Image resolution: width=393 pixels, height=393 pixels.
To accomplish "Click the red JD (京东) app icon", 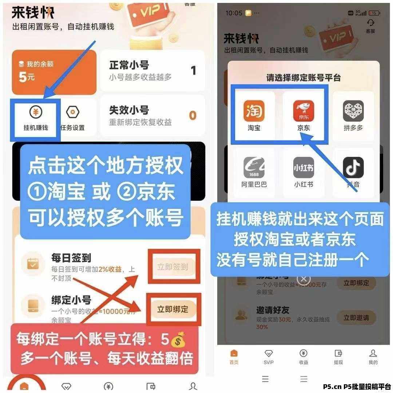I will click(303, 111).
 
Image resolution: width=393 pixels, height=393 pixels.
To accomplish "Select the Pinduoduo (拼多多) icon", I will click(353, 111).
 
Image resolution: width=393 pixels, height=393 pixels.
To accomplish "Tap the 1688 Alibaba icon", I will click(254, 168).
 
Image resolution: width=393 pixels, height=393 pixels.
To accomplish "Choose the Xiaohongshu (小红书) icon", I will click(303, 168).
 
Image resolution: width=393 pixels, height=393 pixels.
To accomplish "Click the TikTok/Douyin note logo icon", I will click(353, 168).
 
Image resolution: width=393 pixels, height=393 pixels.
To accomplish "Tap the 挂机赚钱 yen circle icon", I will click(35, 113).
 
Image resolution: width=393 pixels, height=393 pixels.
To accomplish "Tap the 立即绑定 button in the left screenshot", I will click(173, 309).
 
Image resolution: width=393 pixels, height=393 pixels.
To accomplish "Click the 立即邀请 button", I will click(356, 318).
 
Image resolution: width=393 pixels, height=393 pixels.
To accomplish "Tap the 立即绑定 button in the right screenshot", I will click(356, 283).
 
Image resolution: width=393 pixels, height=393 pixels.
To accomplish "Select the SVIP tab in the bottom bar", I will click(269, 357).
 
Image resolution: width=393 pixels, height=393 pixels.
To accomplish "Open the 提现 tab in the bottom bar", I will click(338, 357).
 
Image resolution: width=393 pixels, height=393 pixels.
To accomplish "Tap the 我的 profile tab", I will click(373, 357).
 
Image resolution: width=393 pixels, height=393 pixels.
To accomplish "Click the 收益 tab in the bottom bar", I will click(303, 357).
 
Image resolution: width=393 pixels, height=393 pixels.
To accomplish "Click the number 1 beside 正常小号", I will click(193, 70).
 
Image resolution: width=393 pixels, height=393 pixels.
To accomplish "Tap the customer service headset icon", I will click(370, 23).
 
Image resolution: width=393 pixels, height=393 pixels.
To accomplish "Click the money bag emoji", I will click(178, 341).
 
